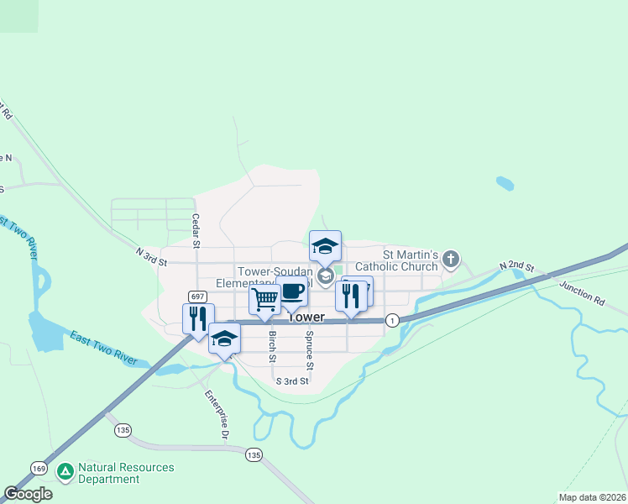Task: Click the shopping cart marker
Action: point(264,298)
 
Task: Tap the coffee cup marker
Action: point(291,291)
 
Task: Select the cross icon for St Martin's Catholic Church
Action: point(451,260)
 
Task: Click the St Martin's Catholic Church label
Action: point(411,260)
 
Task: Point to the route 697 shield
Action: point(197,297)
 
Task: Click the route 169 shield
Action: point(39,467)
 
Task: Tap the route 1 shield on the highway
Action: point(392,320)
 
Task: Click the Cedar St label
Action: point(195,230)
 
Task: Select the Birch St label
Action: point(272,346)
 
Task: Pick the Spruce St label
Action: point(309,350)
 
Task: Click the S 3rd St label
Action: point(293,381)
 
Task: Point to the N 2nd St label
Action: point(515,265)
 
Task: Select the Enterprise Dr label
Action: point(216,414)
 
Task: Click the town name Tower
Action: point(306,318)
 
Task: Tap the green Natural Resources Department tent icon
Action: point(65,471)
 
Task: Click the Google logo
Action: point(28,494)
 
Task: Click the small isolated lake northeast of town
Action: point(505,183)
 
